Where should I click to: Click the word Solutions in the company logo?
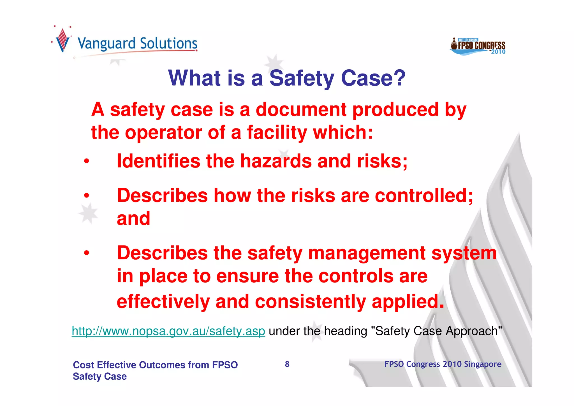click(x=168, y=44)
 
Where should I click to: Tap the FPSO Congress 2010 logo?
click(x=478, y=46)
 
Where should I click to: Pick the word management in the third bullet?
click(x=366, y=253)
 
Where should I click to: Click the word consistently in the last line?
click(x=310, y=302)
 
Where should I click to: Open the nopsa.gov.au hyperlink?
click(x=168, y=331)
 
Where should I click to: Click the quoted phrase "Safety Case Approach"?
click(x=436, y=331)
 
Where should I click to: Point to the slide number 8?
click(x=287, y=364)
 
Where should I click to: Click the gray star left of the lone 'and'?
click(x=88, y=213)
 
